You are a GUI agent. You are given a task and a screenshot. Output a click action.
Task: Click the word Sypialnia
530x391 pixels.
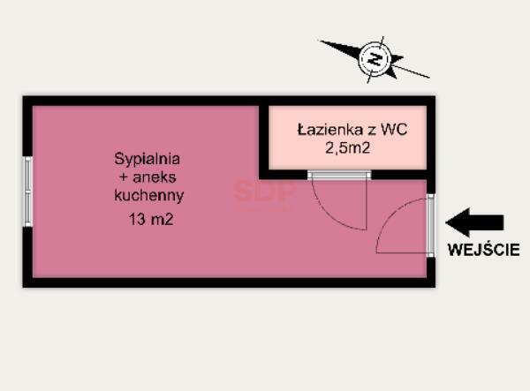pyautogui.click(x=148, y=160)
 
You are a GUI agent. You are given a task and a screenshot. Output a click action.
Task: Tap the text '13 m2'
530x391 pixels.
pyautogui.click(x=148, y=220)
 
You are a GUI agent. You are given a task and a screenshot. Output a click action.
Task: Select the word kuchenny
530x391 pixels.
pyautogui.click(x=148, y=195)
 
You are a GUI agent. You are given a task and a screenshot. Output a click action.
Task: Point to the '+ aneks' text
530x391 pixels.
pyautogui.click(x=148, y=177)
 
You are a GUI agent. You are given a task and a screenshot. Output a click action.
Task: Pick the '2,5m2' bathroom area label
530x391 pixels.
pyautogui.click(x=347, y=149)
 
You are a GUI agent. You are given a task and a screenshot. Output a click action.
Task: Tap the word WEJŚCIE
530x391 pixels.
pyautogui.click(x=483, y=250)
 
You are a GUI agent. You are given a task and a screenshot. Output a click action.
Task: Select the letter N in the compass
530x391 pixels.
pyautogui.click(x=375, y=60)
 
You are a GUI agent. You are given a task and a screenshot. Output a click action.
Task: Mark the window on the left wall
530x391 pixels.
pyautogui.click(x=28, y=191)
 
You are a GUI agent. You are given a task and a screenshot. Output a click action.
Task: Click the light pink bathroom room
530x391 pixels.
pyautogui.click(x=347, y=139)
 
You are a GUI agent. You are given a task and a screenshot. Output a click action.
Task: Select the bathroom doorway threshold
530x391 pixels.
pyautogui.click(x=338, y=176)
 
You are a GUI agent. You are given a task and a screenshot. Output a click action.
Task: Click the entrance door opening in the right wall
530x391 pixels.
pyautogui.click(x=430, y=225)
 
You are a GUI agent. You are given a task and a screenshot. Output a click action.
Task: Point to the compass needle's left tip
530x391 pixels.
pyautogui.click(x=323, y=42)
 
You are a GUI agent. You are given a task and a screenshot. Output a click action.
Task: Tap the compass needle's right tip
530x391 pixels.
pyautogui.click(x=427, y=77)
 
